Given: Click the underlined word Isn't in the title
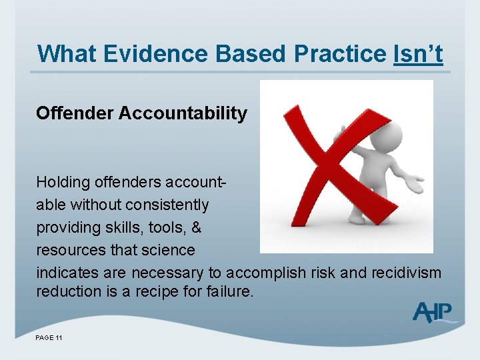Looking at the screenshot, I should [418, 54].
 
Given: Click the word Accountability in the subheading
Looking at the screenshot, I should [183, 113].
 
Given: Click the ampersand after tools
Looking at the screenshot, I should [196, 227].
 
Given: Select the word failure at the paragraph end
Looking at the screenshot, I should [229, 291].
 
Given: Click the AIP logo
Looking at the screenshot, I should [433, 312].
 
